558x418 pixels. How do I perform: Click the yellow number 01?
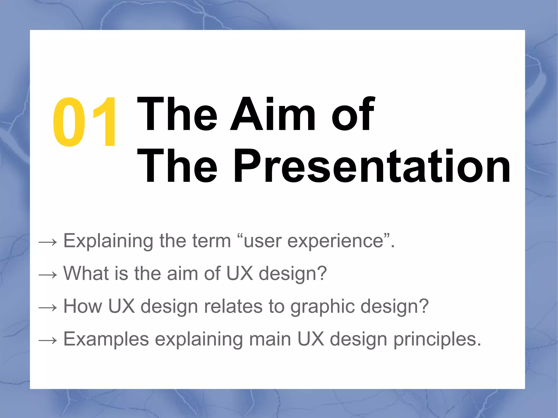[84, 123]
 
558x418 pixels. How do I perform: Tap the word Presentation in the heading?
[372, 167]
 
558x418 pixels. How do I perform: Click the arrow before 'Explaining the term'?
[48, 242]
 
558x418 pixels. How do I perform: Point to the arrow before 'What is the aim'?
[48, 274]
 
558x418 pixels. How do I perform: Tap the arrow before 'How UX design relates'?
[48, 307]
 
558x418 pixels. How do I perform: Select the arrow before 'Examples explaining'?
[48, 340]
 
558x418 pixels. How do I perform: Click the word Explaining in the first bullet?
[108, 241]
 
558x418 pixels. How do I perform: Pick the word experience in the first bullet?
[335, 241]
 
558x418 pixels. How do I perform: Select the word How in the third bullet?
[83, 306]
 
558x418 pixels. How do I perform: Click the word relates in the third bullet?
[233, 306]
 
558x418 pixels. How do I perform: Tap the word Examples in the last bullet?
[106, 339]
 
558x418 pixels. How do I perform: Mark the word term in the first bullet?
[211, 241]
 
